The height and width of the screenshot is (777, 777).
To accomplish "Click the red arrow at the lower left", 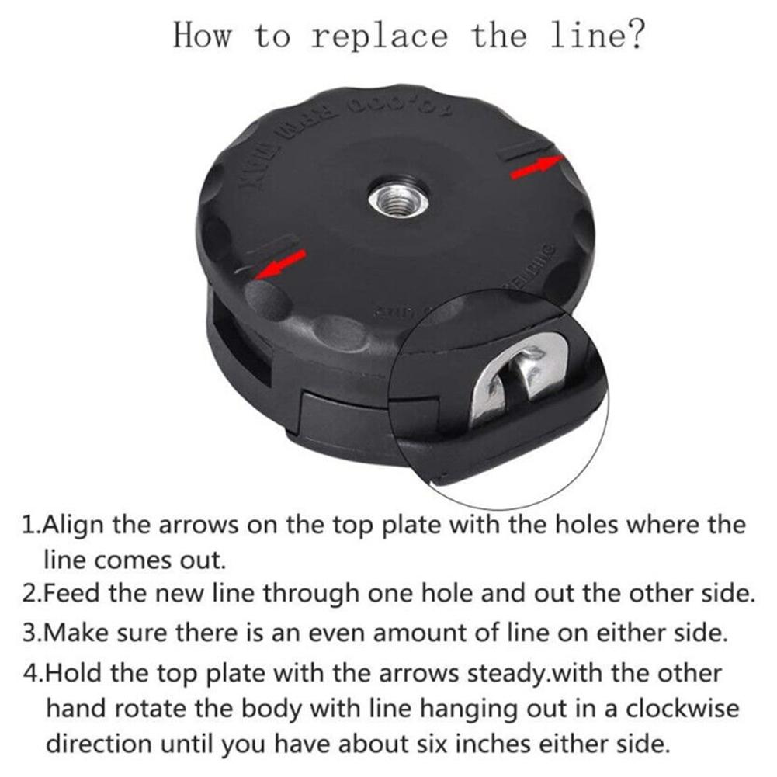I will click(x=280, y=264).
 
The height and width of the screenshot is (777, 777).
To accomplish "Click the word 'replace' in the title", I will click(x=380, y=36).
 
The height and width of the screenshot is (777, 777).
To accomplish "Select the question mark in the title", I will click(x=634, y=35).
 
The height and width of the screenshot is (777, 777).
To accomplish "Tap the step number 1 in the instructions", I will click(x=29, y=525).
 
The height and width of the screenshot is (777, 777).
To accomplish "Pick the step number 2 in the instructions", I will click(x=29, y=594).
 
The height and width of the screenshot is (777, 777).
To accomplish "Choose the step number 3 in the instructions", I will click(x=29, y=632).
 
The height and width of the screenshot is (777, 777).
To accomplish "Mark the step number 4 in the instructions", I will click(x=30, y=672).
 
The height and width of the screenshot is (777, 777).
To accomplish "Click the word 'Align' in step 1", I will click(x=75, y=525).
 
